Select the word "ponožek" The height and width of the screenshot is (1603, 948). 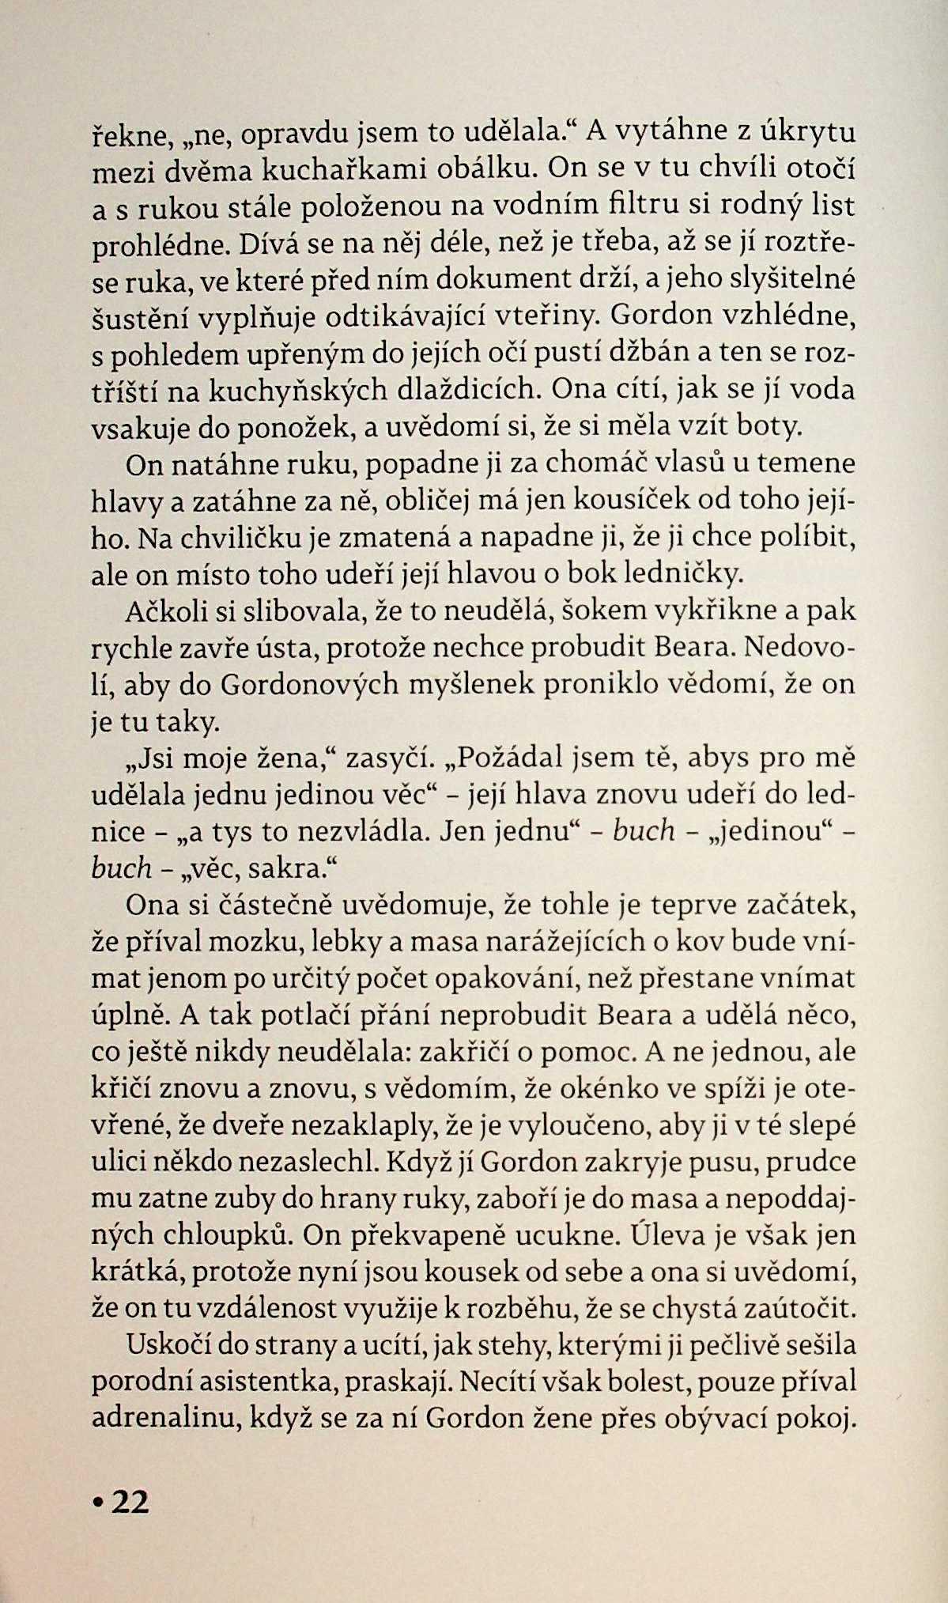point(292,428)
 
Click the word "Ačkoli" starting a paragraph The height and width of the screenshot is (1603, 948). point(161,613)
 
